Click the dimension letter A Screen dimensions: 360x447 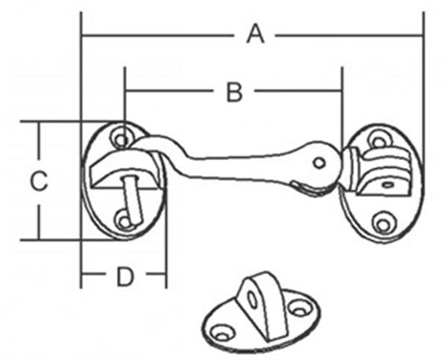[x=256, y=34]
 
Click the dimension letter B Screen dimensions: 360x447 [x=234, y=92]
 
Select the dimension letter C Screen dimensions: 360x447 [x=38, y=180]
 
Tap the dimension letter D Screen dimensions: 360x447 [x=124, y=277]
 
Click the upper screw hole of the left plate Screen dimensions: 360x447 [x=119, y=137]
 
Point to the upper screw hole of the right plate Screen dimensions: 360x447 [x=378, y=139]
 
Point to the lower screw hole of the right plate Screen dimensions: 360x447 [x=383, y=224]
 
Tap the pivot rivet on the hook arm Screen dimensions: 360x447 [x=319, y=162]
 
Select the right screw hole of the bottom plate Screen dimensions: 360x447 [x=299, y=306]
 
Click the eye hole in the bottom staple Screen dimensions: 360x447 [x=253, y=299]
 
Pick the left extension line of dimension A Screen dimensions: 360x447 [x=80, y=75]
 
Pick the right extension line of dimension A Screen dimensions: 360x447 [x=423, y=75]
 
